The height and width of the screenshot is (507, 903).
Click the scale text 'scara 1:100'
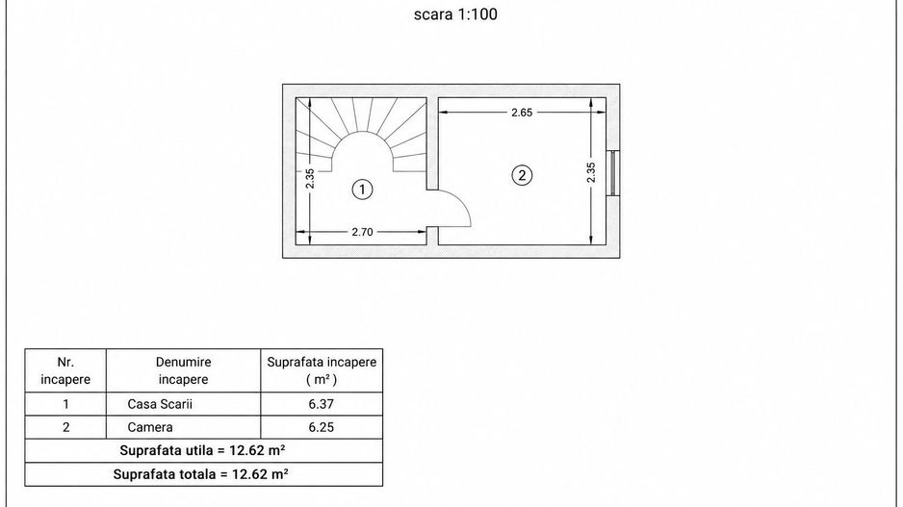455,14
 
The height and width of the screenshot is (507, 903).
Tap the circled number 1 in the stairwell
362,190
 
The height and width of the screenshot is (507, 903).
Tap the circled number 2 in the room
523,175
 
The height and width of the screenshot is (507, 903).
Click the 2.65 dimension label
522,113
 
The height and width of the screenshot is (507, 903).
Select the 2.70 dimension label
362,232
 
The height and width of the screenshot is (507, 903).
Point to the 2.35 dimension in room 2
591,172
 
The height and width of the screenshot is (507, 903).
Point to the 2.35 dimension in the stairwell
310,178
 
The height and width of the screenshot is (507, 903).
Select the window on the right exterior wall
612,172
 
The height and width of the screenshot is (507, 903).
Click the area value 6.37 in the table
321,404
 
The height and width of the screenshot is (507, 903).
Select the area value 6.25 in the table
321,427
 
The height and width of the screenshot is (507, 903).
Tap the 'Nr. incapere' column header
65,370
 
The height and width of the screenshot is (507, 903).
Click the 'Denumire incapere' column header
183,370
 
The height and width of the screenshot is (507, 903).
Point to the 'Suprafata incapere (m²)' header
322,370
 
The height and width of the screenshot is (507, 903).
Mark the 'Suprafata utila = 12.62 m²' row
203,450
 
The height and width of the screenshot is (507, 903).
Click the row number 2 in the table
65,427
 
